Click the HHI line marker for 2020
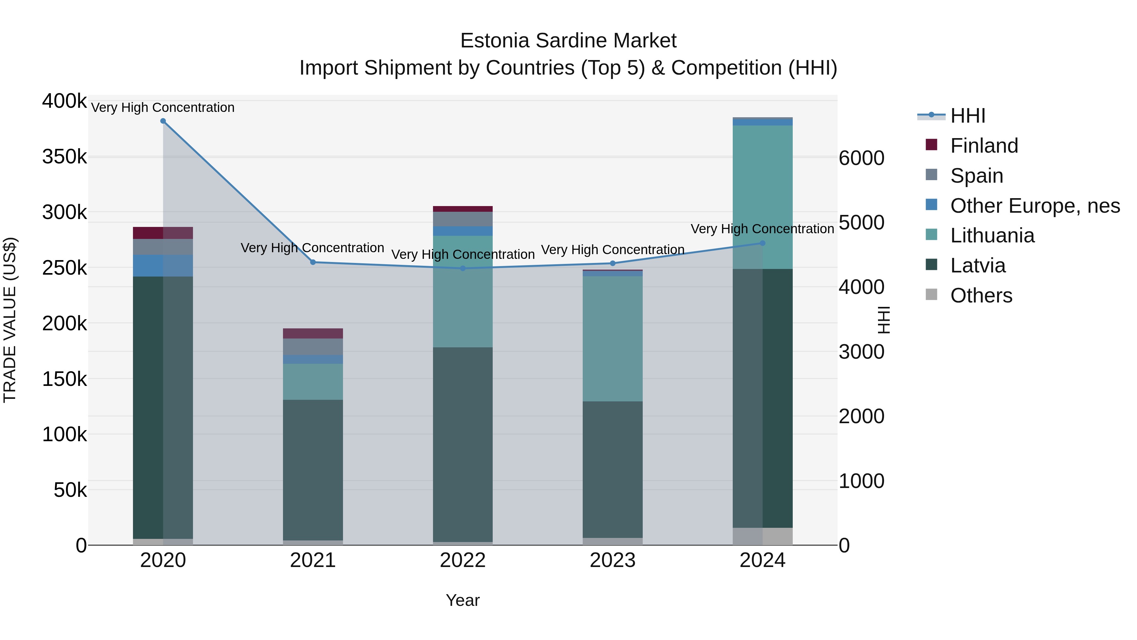click(x=163, y=121)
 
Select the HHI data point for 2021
click(x=313, y=262)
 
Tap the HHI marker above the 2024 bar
click(x=762, y=243)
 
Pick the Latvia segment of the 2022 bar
click(x=463, y=444)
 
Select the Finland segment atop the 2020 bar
click(x=163, y=233)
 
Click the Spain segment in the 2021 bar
click(x=313, y=347)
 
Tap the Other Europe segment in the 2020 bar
click(x=163, y=265)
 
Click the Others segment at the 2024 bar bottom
click(x=762, y=536)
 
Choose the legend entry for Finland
click(x=984, y=146)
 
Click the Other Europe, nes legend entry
click(x=1035, y=206)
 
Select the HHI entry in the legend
click(x=967, y=116)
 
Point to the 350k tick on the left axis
click(x=64, y=157)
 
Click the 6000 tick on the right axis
click(x=861, y=158)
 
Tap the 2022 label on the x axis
click(x=463, y=560)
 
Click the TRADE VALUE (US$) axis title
click(x=10, y=320)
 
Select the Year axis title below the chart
click(x=463, y=600)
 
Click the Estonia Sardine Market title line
click(x=568, y=41)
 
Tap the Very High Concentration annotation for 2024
click(x=762, y=229)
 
